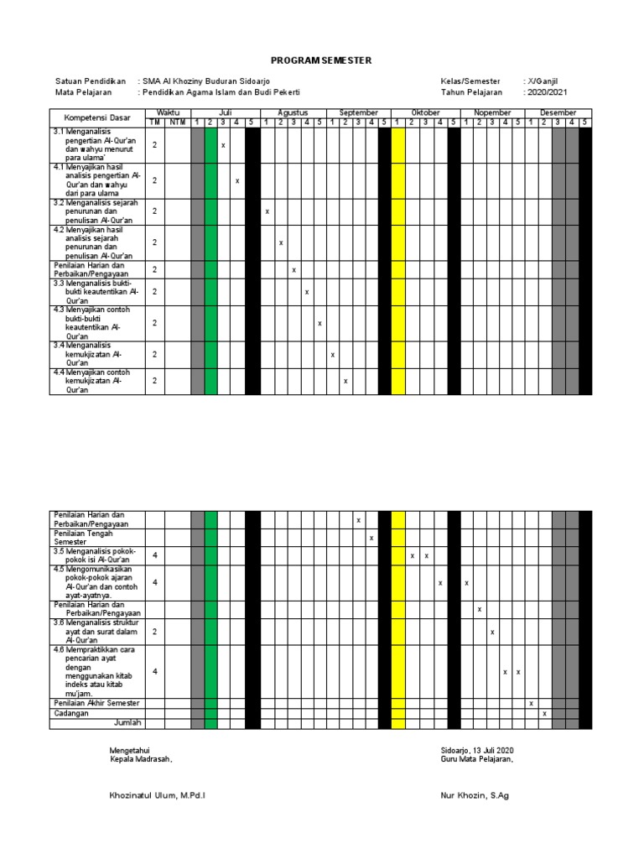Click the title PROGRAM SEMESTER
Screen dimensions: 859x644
[x=321, y=60]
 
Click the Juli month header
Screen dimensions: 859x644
[x=225, y=112]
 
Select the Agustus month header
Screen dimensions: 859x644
[x=293, y=112]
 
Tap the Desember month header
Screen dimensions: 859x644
[x=558, y=112]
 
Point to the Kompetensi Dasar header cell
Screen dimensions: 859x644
[x=97, y=117]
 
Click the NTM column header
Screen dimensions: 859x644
[x=177, y=122]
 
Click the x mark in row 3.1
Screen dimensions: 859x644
[x=223, y=145]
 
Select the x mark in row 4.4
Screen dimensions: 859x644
[x=345, y=382]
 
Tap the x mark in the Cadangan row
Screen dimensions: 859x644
[x=544, y=713]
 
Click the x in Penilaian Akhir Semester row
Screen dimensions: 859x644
[x=531, y=703]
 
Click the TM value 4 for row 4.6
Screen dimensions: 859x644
[x=155, y=671]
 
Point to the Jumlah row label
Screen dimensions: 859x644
[x=128, y=722]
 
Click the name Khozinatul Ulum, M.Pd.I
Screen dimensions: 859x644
[x=158, y=795]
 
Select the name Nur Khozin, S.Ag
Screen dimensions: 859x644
[x=474, y=795]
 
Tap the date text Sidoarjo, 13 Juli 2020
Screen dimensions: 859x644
[x=476, y=749]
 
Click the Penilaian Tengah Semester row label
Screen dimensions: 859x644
[x=83, y=537]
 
